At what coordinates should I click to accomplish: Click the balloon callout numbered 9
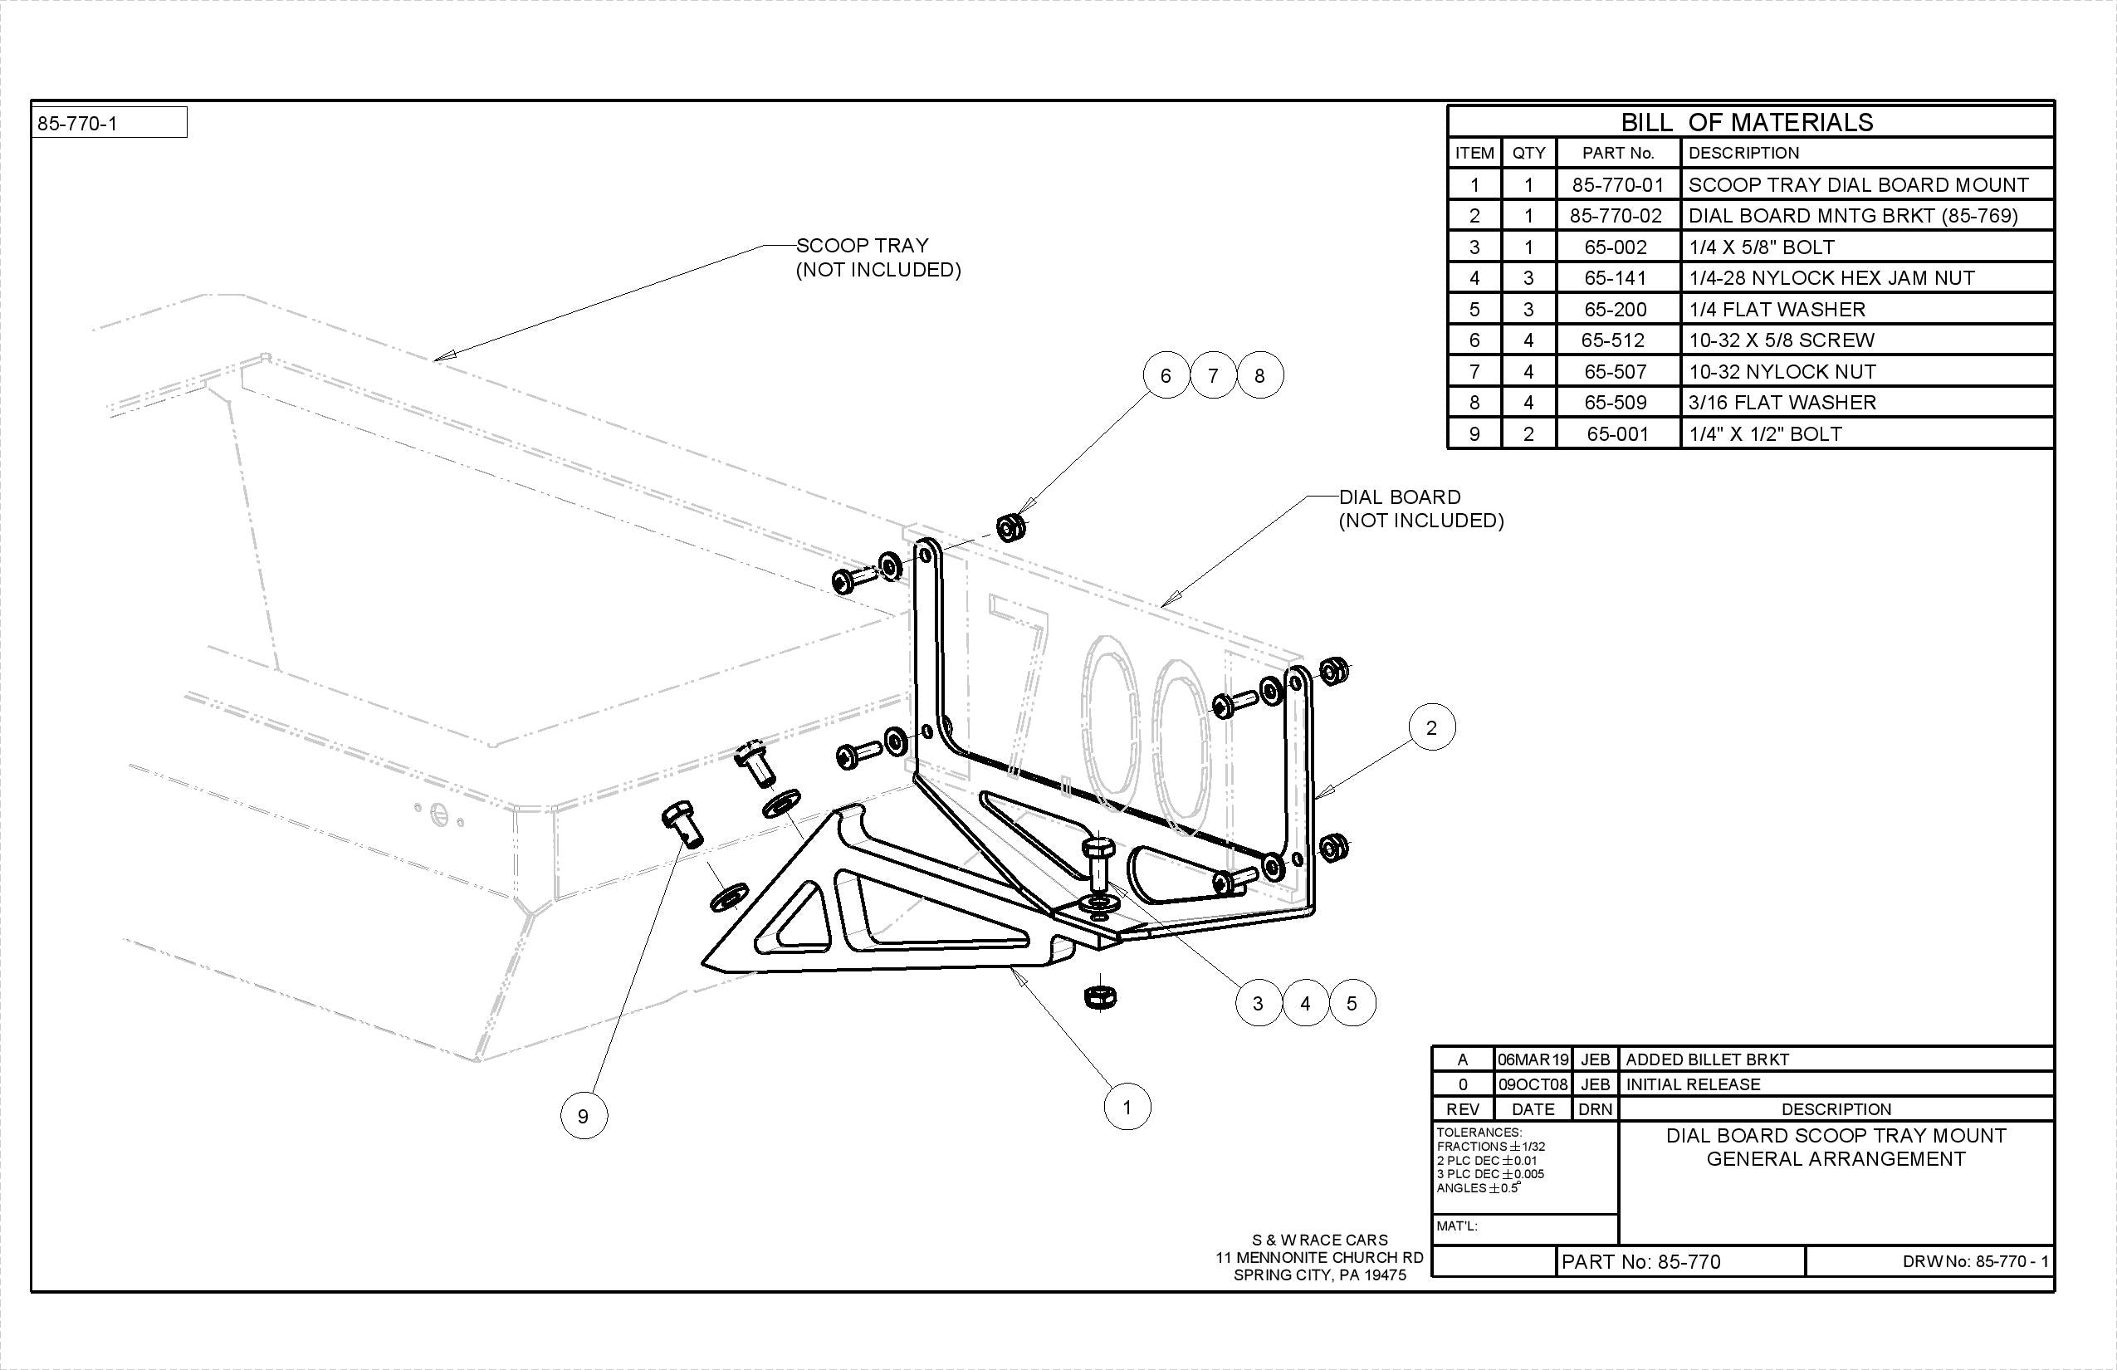(x=584, y=1116)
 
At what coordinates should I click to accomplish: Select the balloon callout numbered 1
(x=1127, y=1107)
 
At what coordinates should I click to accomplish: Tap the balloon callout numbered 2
(x=1431, y=727)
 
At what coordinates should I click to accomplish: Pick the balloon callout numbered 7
(x=1212, y=374)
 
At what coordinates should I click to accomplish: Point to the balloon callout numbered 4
(x=1305, y=1003)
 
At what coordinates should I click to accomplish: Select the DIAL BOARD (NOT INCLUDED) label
(x=1420, y=508)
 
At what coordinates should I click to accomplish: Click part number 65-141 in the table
(x=1616, y=277)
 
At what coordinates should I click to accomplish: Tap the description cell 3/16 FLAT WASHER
(x=1782, y=402)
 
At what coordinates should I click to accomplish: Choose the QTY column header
(x=1528, y=152)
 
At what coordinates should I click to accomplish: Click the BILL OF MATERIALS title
(x=1746, y=122)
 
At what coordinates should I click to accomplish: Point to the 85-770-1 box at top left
(x=110, y=123)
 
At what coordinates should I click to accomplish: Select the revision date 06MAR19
(x=1533, y=1059)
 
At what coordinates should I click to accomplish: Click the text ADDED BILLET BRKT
(x=1706, y=1059)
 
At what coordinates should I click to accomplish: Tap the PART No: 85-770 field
(x=1641, y=1261)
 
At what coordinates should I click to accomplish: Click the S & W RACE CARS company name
(x=1319, y=1239)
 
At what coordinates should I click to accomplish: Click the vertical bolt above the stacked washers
(x=1098, y=864)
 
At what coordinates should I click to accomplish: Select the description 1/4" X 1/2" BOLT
(x=1765, y=434)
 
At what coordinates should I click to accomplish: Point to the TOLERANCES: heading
(x=1479, y=1133)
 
